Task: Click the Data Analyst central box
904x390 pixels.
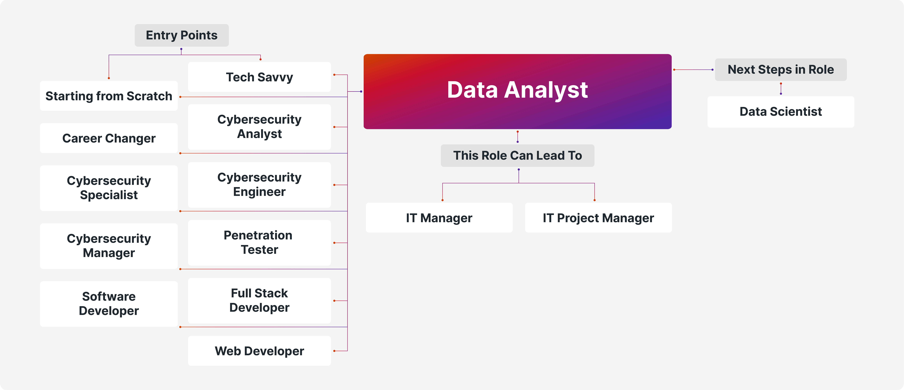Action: click(517, 91)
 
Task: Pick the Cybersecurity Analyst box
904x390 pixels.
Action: click(259, 127)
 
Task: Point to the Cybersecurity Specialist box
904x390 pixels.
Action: click(109, 188)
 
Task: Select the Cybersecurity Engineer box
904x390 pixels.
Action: click(259, 185)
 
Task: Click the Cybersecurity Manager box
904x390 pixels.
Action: click(109, 246)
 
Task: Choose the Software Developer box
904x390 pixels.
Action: click(109, 304)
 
